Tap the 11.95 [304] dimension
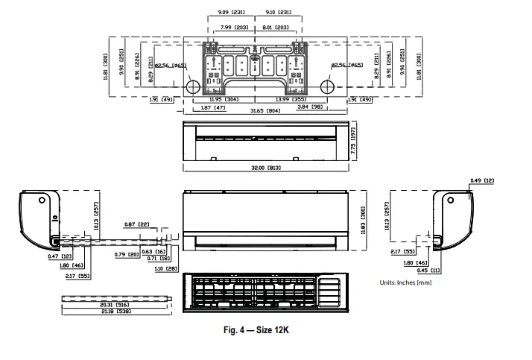click(x=224, y=99)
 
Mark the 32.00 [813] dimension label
click(x=266, y=168)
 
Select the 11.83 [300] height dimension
click(x=364, y=221)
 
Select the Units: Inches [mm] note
click(x=405, y=282)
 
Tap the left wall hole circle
click(x=191, y=86)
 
